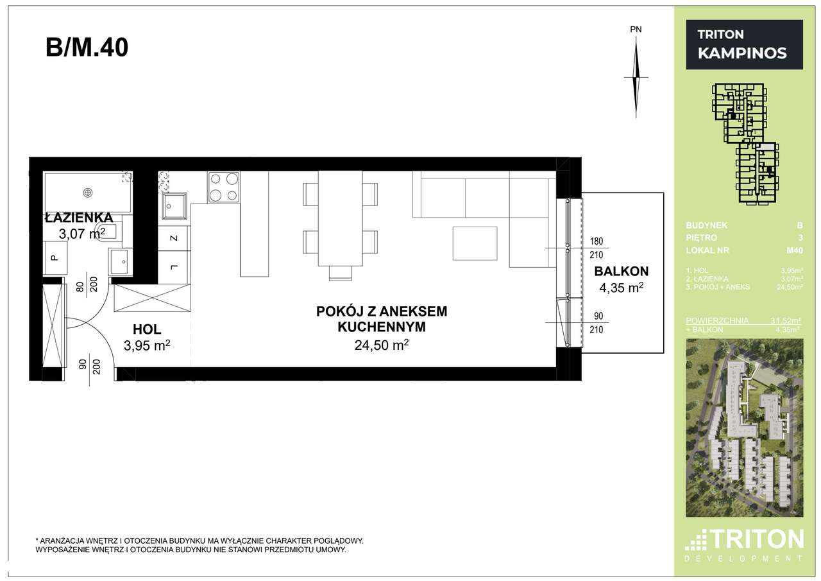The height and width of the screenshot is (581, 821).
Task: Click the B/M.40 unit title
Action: (87, 48)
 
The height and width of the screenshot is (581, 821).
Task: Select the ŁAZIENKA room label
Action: (79, 218)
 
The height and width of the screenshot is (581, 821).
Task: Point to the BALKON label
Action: (621, 271)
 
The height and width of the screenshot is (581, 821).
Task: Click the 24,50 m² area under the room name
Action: (382, 345)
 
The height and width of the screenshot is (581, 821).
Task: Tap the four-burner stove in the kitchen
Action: (223, 187)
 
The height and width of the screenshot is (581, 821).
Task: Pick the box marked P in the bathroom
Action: (54, 258)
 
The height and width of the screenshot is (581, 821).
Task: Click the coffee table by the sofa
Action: (475, 244)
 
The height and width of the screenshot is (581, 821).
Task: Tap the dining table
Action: (340, 218)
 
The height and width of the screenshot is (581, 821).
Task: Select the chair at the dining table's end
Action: (340, 273)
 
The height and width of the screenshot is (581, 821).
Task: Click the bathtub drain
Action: (88, 191)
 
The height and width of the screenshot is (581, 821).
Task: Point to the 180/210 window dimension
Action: (596, 247)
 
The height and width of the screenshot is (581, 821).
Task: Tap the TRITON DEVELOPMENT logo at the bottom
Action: (744, 544)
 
